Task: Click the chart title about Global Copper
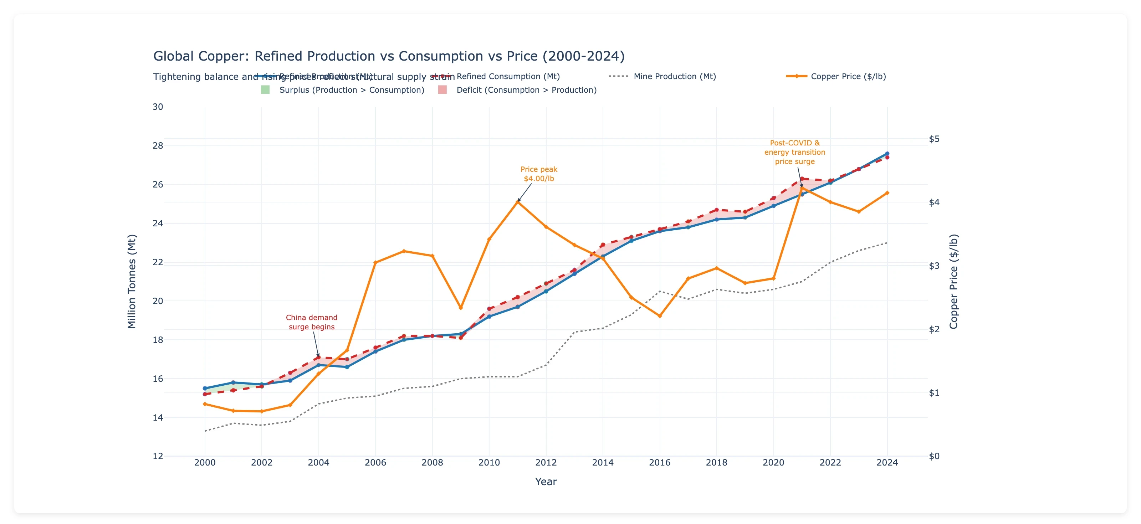[x=388, y=56]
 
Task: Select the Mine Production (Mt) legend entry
[x=674, y=76]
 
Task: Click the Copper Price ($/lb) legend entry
[x=848, y=76]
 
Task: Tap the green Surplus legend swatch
[x=265, y=90]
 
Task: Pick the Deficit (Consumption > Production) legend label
[x=526, y=90]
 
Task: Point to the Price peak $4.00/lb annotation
[x=539, y=174]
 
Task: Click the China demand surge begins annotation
[x=311, y=322]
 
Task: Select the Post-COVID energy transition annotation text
[x=795, y=152]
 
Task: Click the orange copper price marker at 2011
[x=518, y=201]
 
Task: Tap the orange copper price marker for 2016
[x=660, y=316]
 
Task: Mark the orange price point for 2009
[x=461, y=307]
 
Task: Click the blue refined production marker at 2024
[x=887, y=154]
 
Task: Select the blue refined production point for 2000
[x=205, y=388]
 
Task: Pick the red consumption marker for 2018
[x=717, y=210]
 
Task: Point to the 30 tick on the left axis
[x=158, y=107]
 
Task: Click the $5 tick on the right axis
[x=934, y=139]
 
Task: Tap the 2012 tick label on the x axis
[x=546, y=462]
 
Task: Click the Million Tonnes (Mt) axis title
[x=132, y=281]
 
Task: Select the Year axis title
[x=546, y=482]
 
